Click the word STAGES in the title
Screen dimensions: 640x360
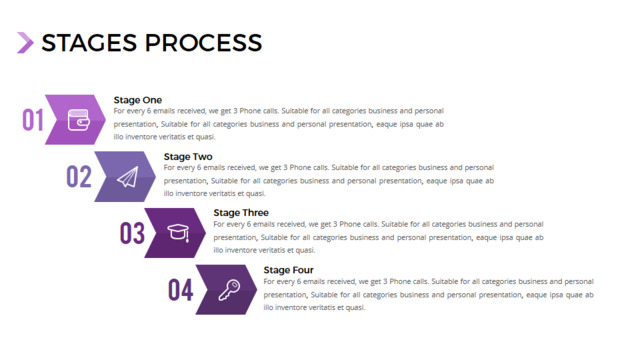[89, 43]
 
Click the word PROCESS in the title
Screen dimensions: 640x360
[203, 43]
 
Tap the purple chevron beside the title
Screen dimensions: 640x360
[25, 43]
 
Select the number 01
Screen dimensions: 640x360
[33, 120]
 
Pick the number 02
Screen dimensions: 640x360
[79, 177]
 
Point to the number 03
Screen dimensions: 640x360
[132, 233]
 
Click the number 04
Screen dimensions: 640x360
[180, 290]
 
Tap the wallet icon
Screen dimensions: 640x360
[78, 120]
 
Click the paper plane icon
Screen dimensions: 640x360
[128, 177]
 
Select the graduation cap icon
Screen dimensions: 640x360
[178, 233]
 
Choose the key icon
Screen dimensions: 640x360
[229, 290]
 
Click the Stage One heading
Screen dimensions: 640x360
[138, 100]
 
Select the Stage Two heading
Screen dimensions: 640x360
[188, 157]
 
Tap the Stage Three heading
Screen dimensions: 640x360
[241, 213]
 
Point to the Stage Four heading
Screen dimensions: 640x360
[289, 270]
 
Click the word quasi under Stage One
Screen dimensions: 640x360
[205, 137]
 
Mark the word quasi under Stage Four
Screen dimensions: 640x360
[355, 308]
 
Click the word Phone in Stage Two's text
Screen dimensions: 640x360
[300, 167]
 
